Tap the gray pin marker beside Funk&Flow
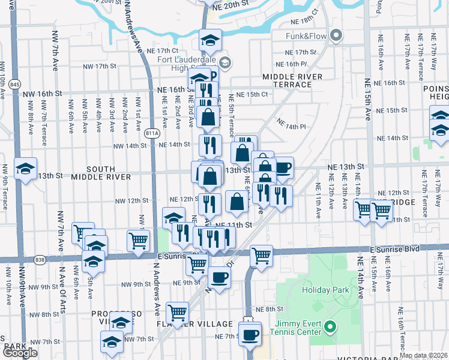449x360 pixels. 336,36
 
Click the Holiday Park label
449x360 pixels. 325,290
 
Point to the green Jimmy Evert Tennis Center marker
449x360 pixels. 330,327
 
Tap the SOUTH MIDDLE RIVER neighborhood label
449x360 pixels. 101,173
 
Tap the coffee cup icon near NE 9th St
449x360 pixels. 220,277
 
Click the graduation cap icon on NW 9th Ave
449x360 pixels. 26,169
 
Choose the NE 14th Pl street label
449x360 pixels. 291,124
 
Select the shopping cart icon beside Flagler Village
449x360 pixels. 178,312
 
